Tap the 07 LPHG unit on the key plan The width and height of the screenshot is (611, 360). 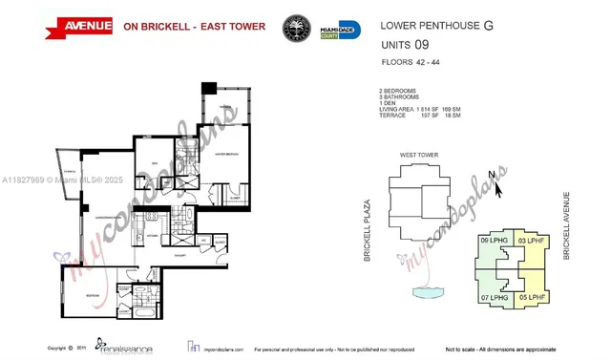(x=493, y=297)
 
